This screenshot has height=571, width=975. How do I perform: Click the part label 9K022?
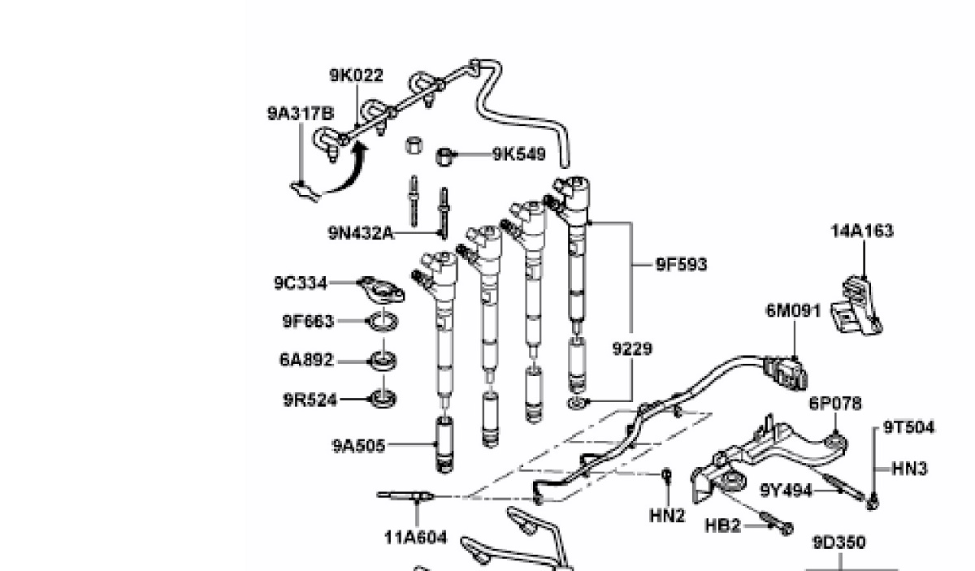coord(356,76)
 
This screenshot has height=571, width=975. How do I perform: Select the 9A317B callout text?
coord(300,114)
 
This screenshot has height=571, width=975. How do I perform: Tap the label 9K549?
coord(518,154)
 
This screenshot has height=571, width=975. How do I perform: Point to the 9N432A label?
coord(361,233)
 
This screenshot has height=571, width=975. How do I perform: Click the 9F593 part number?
coord(682,264)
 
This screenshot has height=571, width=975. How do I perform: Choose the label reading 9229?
coord(632,348)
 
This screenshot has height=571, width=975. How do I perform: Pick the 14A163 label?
coord(861,231)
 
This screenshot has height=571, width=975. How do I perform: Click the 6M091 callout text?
coord(793,310)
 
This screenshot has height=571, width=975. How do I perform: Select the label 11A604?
coord(415,537)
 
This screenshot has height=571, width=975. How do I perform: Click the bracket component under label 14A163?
coord(858,305)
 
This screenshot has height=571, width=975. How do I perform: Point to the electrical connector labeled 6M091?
coord(786,373)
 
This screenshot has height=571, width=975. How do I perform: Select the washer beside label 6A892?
coord(380,360)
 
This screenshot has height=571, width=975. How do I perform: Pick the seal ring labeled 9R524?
coord(381,398)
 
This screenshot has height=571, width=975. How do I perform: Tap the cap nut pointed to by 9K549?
coord(444,154)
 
